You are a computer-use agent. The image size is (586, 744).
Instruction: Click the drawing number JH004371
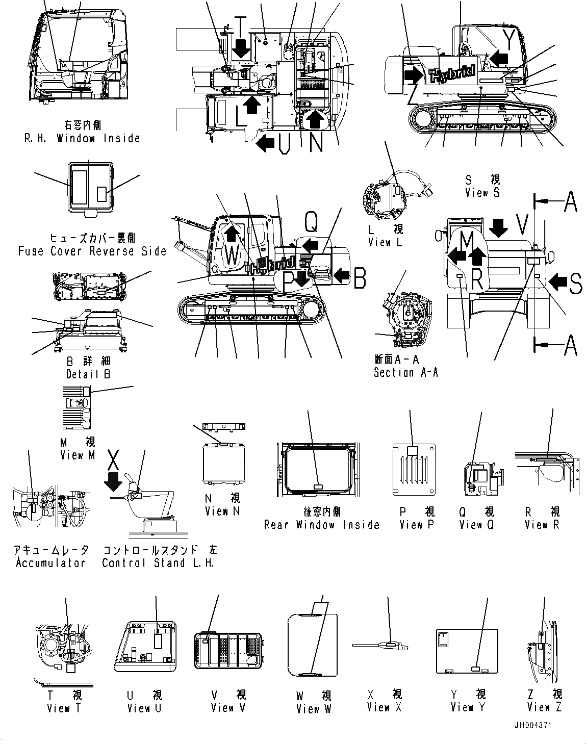(x=532, y=725)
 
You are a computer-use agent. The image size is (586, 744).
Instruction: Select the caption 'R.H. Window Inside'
(x=82, y=138)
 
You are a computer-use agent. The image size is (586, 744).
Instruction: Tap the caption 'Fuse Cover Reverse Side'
(x=92, y=251)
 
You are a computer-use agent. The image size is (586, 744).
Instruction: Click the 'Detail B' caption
(x=88, y=374)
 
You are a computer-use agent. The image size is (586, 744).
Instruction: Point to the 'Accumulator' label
(x=50, y=563)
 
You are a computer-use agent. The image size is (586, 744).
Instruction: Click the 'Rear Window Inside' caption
(x=322, y=525)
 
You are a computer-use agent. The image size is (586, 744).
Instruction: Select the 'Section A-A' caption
(x=405, y=372)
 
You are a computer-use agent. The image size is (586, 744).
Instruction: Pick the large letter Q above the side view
(x=311, y=222)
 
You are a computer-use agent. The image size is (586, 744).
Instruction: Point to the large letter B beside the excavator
(x=360, y=278)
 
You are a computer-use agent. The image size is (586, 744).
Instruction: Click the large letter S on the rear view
(x=575, y=284)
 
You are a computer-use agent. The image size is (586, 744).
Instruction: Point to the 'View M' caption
(x=78, y=455)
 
